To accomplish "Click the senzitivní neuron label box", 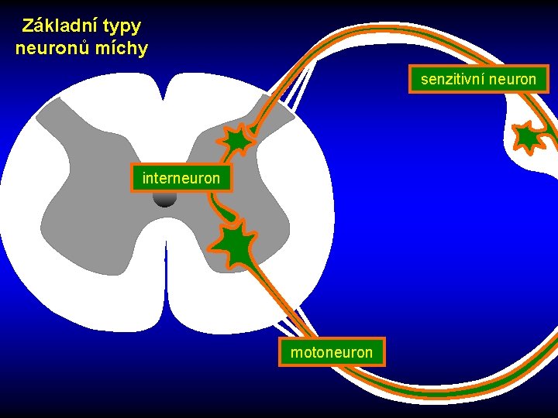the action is [x=478, y=79].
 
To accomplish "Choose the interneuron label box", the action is [x=181, y=178].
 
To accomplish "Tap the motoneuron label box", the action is [x=331, y=353].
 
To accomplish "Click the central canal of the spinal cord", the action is [x=165, y=199].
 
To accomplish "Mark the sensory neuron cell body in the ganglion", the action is [x=528, y=137].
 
